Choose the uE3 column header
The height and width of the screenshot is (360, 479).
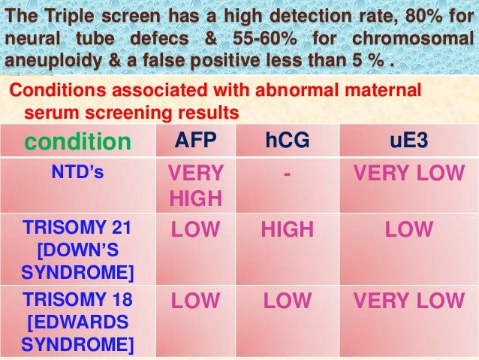(x=410, y=141)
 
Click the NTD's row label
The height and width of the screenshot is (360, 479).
(x=77, y=172)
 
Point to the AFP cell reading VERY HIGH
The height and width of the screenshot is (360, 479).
(x=195, y=186)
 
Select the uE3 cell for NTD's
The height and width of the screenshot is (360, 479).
(x=410, y=173)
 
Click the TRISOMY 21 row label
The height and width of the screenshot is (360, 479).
(x=77, y=248)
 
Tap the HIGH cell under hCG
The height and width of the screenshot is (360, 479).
(x=290, y=229)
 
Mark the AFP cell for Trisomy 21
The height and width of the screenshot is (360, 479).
(x=195, y=229)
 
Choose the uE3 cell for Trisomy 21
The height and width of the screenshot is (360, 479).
(x=410, y=229)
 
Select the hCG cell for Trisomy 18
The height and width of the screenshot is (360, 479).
(x=290, y=301)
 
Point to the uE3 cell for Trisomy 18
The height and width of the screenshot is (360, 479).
(x=410, y=301)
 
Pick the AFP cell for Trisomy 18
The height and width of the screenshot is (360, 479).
(x=195, y=301)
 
